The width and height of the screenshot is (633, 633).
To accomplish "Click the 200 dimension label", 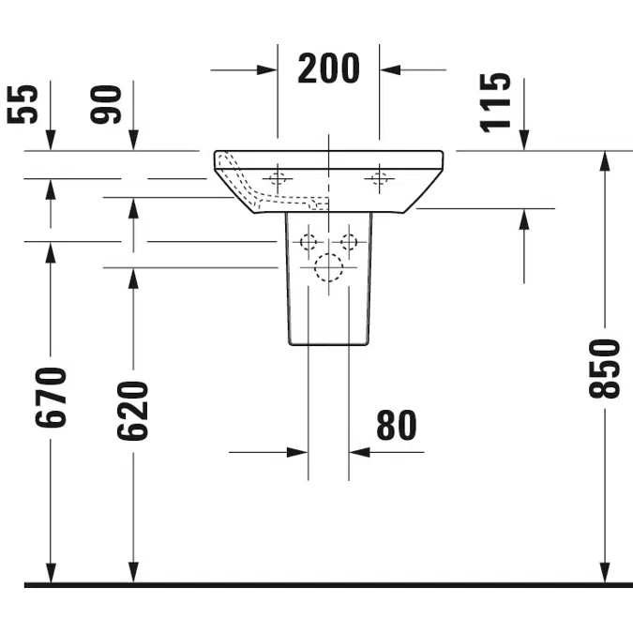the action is (328, 68).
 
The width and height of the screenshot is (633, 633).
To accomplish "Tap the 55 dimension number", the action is (23, 104).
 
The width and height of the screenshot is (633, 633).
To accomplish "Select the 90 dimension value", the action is (106, 104).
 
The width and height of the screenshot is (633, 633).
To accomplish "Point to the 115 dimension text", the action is (495, 102).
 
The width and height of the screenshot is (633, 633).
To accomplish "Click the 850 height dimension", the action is (604, 369).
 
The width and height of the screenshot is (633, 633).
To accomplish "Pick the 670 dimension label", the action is (51, 398).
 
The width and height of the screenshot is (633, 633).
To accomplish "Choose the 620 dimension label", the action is (133, 411).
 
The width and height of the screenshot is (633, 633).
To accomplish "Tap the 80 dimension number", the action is (397, 425).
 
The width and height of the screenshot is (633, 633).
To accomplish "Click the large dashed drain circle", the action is (328, 267).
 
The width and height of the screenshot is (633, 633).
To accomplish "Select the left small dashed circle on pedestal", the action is (309, 242).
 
